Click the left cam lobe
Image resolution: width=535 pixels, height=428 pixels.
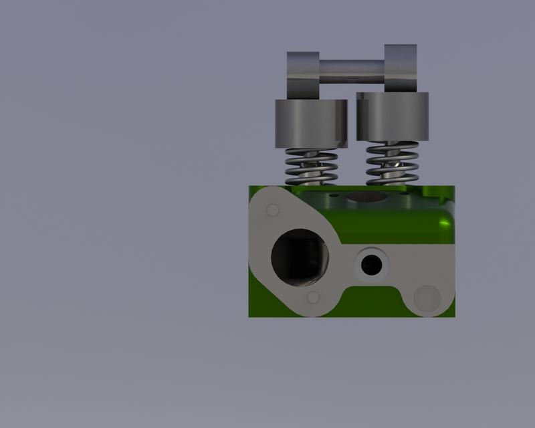tap(303, 74)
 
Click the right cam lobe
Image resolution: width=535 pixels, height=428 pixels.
tap(401, 68)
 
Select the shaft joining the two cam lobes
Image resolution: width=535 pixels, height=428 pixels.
tap(352, 70)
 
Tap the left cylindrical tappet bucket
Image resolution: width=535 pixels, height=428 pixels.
tap(311, 123)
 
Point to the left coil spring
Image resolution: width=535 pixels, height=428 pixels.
tap(311, 167)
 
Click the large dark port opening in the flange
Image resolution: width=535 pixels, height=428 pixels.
tap(299, 254)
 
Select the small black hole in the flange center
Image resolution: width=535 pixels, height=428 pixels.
tap(370, 265)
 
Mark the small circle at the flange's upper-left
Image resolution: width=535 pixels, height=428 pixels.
tap(272, 211)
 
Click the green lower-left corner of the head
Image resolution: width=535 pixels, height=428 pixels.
tap(257, 308)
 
